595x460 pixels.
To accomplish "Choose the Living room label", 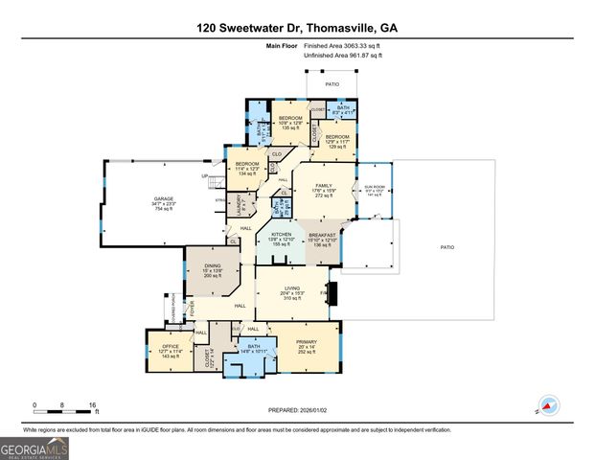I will (293, 293).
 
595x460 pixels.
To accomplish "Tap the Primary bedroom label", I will (305, 346).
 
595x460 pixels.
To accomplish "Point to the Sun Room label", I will (374, 192).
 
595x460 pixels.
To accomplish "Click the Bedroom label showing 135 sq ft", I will (290, 122).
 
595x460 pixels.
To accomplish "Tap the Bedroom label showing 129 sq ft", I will (337, 141).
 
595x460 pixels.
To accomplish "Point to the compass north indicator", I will (549, 406).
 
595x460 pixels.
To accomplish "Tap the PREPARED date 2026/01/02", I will (297, 409).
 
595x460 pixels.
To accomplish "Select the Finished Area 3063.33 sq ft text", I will (342, 46).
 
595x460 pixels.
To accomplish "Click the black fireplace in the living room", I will (332, 292).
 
